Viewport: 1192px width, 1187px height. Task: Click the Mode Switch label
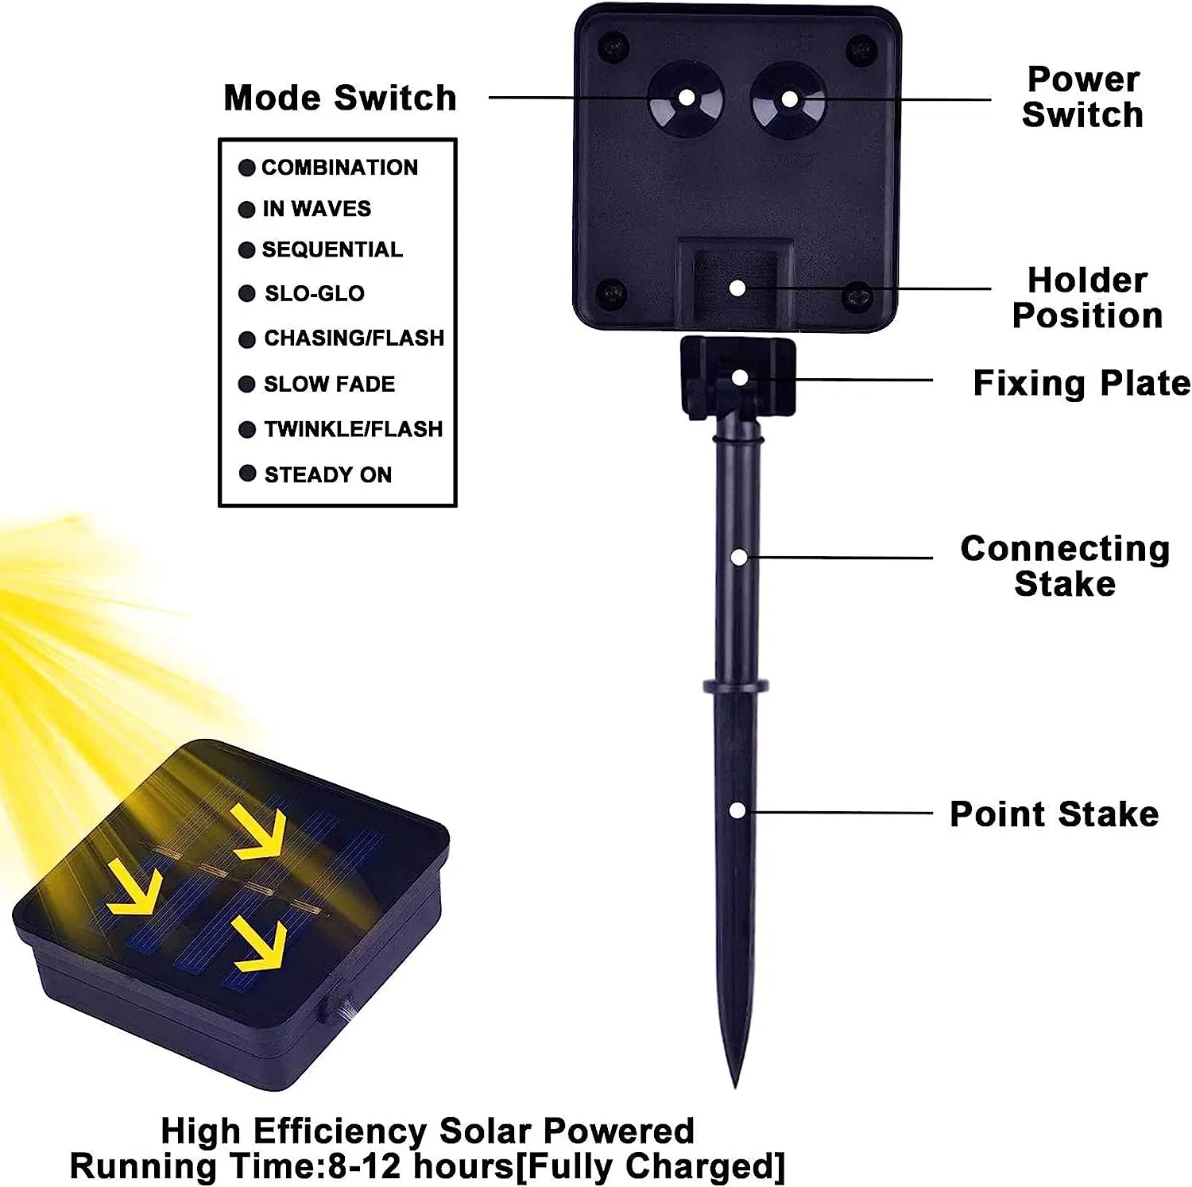pos(340,98)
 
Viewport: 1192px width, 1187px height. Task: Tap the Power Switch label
pos(1082,97)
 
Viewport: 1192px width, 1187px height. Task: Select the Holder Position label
pos(1086,298)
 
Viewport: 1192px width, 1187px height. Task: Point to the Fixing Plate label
pos(1081,383)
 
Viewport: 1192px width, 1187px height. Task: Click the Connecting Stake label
pos(1065,566)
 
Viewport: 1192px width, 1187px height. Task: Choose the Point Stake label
pos(1054,814)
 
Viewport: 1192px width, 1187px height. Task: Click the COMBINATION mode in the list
pos(339,168)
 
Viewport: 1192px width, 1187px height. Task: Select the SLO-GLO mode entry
pos(315,293)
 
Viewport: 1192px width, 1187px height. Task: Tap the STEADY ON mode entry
pos(327,474)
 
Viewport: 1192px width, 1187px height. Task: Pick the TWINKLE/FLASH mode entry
pos(353,429)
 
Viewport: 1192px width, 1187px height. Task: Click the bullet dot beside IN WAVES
pos(246,209)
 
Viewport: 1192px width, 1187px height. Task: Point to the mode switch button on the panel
pos(686,99)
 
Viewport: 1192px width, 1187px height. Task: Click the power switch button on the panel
pos(789,99)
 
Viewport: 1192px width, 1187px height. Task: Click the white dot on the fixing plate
pos(739,377)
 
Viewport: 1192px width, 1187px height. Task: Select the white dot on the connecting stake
pos(739,558)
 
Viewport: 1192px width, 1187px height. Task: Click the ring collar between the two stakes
pos(735,686)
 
